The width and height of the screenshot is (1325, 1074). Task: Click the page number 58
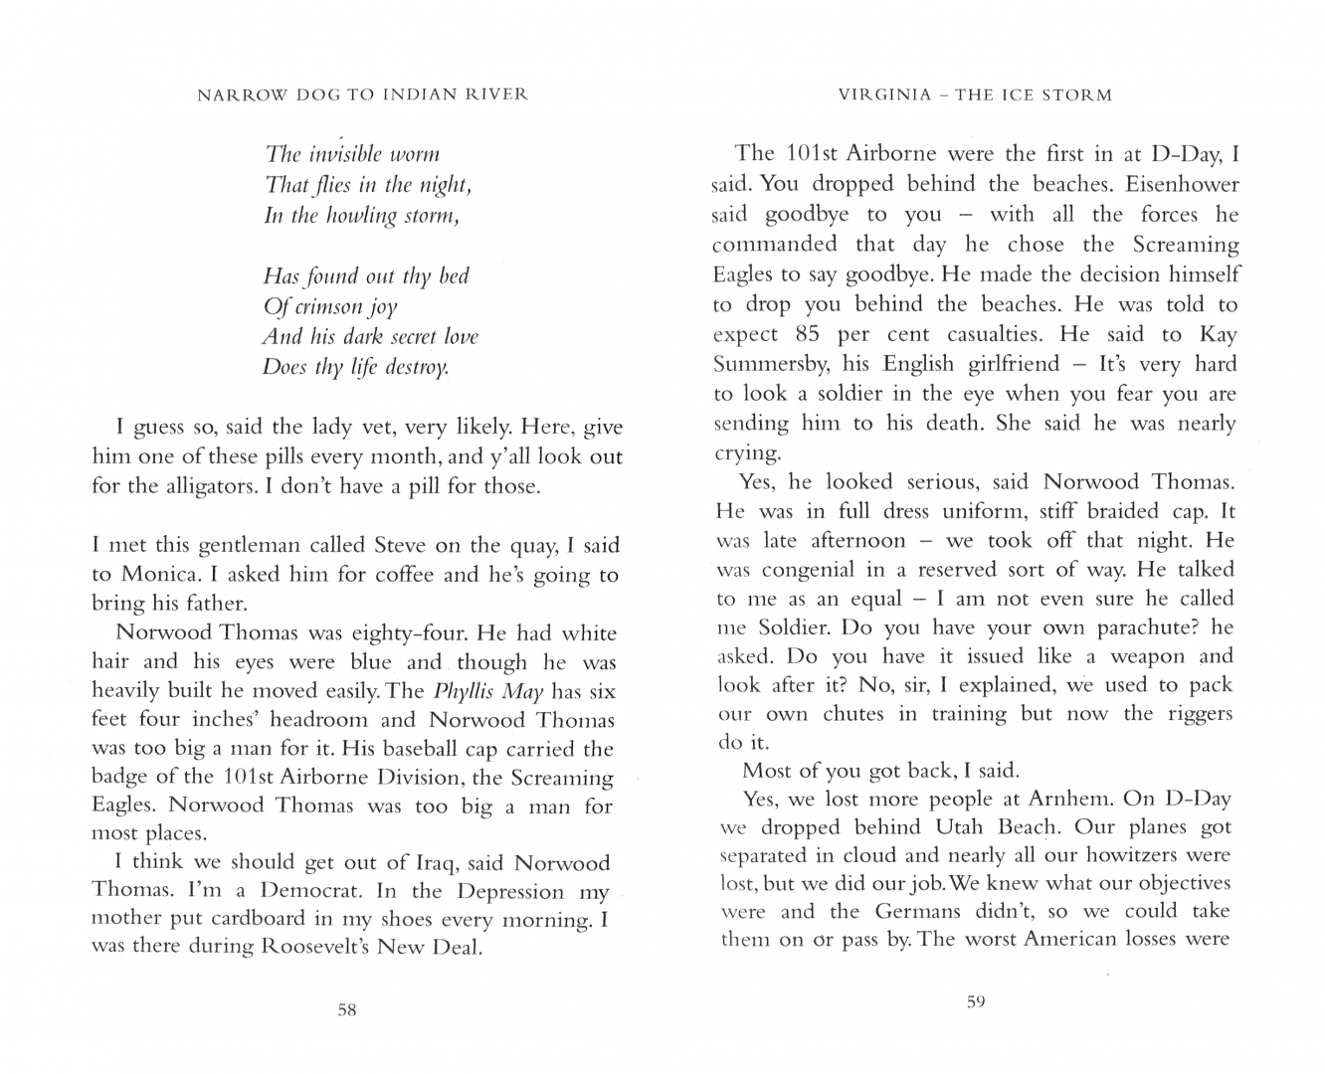(x=346, y=1010)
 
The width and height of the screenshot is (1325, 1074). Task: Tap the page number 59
(x=975, y=1002)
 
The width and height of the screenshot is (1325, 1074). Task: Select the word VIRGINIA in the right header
(x=885, y=95)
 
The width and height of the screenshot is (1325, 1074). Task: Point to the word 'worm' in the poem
(x=415, y=155)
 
